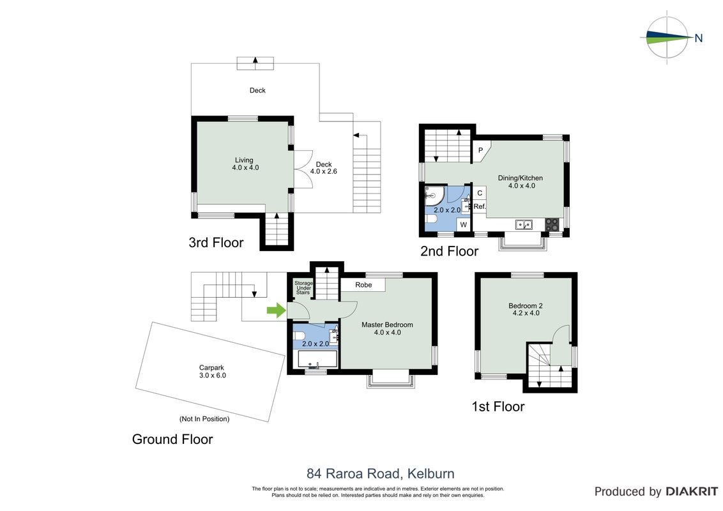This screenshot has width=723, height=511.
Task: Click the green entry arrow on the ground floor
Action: [x=276, y=310]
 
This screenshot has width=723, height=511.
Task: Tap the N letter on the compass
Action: [x=699, y=38]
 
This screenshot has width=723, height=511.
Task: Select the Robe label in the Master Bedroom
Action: [x=363, y=285]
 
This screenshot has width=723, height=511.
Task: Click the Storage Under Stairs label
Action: [x=303, y=288]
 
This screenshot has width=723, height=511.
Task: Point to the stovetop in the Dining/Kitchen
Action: [x=552, y=225]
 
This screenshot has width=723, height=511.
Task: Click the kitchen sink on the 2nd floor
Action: [x=524, y=225]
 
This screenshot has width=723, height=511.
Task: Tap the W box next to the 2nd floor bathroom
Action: [x=464, y=225]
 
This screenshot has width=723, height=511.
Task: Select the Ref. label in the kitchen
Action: [x=480, y=206]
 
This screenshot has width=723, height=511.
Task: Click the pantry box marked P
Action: [x=481, y=151]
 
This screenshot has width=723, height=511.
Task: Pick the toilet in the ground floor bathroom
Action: [x=298, y=335]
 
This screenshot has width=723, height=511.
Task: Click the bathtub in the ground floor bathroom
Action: [x=317, y=359]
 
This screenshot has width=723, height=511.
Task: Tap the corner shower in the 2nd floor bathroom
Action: [x=434, y=195]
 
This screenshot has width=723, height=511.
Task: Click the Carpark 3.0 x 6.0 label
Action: [x=212, y=372]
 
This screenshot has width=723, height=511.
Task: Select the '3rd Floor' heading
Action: [x=216, y=243]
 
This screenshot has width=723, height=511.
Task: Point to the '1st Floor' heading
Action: [x=498, y=407]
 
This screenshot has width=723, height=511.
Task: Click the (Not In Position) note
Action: [x=204, y=419]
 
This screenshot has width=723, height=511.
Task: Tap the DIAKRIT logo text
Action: [x=692, y=492]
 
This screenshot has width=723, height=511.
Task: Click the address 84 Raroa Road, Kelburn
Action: [x=381, y=474]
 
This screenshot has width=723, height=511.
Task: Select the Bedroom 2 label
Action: [x=526, y=309]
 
